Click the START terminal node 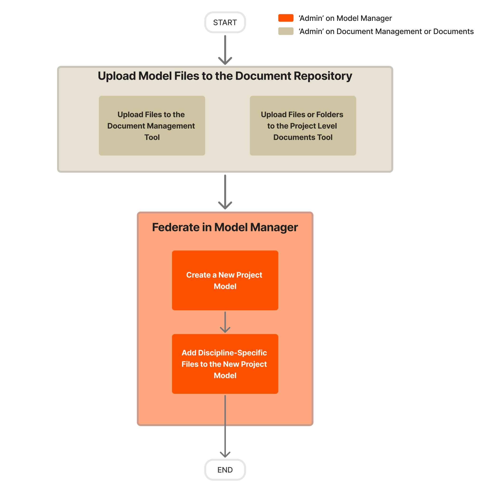(225, 22)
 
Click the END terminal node (225, 470)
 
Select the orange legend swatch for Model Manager (286, 18)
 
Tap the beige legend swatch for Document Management (286, 31)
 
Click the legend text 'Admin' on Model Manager (345, 18)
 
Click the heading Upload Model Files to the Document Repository (225, 76)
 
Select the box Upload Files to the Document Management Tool (152, 126)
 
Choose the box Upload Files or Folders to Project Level (302, 126)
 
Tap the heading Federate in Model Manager (225, 227)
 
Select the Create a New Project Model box (225, 280)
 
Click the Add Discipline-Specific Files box (225, 364)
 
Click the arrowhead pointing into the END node (225, 455)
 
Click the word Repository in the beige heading (323, 76)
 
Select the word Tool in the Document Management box (152, 137)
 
